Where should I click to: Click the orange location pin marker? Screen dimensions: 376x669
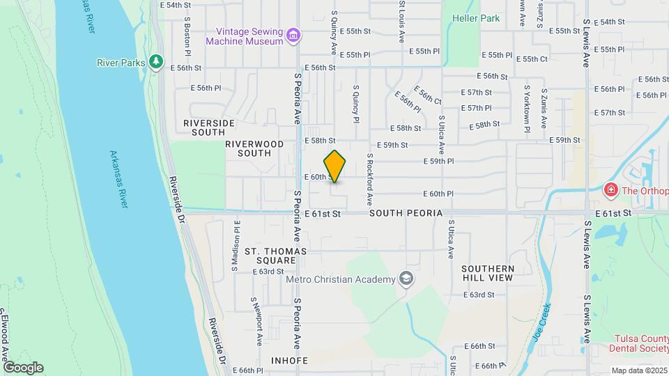pos(334,166)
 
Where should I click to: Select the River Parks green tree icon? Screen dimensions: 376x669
pos(155,63)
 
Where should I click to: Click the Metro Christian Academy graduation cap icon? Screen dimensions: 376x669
pos(405,279)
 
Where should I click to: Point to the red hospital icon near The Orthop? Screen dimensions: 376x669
pos(610,190)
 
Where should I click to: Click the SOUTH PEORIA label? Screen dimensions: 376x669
pos(406,212)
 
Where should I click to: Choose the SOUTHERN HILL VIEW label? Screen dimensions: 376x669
pos(487,273)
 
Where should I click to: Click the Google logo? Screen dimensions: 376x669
pos(23,367)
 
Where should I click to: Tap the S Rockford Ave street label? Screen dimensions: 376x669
pos(369,182)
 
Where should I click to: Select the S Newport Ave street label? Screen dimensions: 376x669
pos(257,322)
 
